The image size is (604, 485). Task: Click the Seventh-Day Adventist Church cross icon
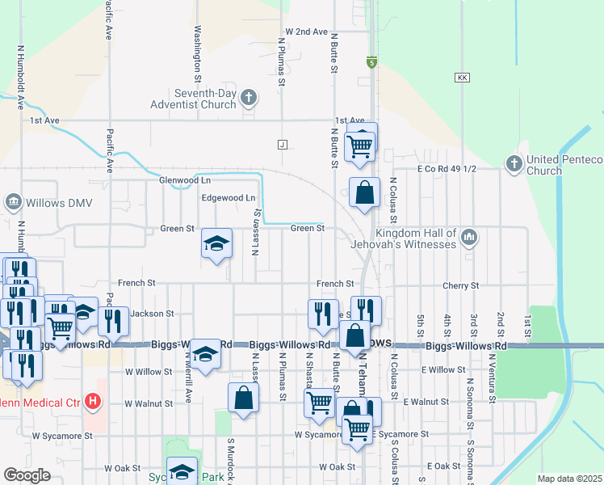click(x=249, y=99)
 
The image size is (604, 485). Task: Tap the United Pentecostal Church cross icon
click(x=514, y=164)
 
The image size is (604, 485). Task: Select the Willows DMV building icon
click(x=14, y=201)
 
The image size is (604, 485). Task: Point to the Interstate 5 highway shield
click(x=371, y=61)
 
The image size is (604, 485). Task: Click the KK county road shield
click(x=462, y=78)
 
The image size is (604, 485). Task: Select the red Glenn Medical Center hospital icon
click(x=94, y=400)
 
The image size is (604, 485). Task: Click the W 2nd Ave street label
click(x=306, y=32)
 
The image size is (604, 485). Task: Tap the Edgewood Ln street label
click(x=228, y=198)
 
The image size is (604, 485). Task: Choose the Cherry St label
click(x=461, y=286)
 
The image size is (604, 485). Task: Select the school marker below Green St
click(x=216, y=242)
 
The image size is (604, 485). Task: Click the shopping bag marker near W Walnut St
click(x=243, y=398)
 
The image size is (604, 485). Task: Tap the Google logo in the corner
click(x=27, y=475)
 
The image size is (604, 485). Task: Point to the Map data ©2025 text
click(x=569, y=479)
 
